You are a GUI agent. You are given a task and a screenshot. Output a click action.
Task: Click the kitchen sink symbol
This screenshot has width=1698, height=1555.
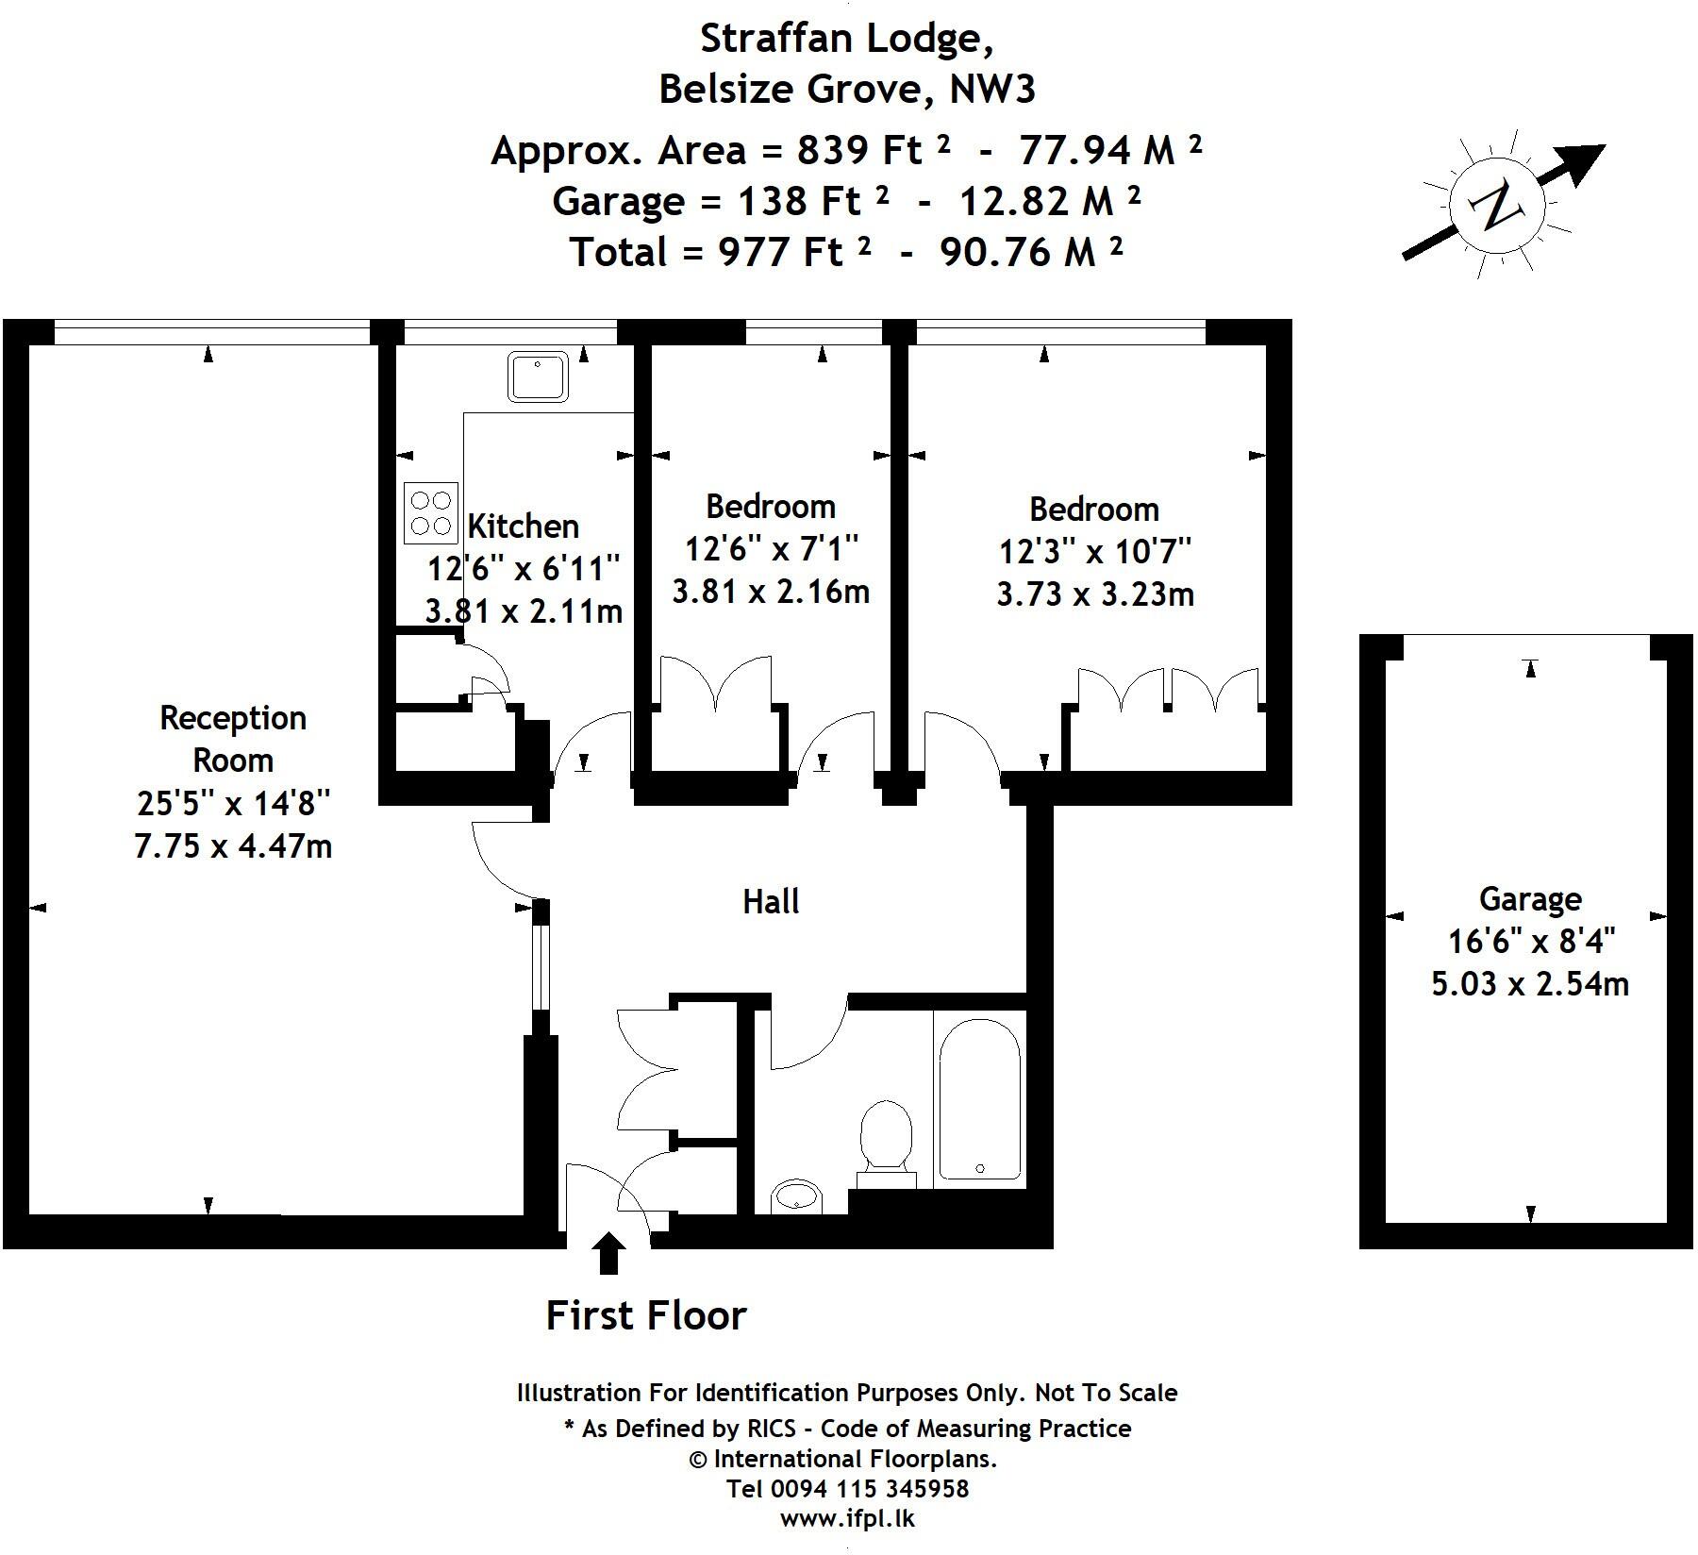pyautogui.click(x=539, y=376)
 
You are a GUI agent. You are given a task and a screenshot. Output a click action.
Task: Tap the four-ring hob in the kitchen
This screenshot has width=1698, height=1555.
pyautogui.click(x=431, y=512)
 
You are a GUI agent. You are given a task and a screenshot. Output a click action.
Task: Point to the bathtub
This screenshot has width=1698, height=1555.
pyautogui.click(x=979, y=1098)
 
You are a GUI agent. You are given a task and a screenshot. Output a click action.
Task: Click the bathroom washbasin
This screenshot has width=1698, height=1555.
pyautogui.click(x=797, y=1197)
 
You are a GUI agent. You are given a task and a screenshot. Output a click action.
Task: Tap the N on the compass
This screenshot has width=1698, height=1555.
pyautogui.click(x=1494, y=207)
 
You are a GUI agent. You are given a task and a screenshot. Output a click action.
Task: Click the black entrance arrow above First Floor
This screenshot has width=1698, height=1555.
pyautogui.click(x=610, y=1254)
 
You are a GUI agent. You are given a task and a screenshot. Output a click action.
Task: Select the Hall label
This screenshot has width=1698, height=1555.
pyautogui.click(x=771, y=902)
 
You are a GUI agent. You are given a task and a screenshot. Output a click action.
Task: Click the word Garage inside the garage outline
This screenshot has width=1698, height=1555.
pyautogui.click(x=1529, y=899)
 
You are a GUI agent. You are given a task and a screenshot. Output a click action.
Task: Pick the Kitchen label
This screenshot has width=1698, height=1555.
pyautogui.click(x=523, y=527)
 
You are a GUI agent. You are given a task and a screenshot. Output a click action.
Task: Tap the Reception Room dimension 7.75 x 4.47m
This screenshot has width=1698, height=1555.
pyautogui.click(x=233, y=846)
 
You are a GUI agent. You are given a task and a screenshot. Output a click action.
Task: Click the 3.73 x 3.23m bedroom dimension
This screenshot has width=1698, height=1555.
pyautogui.click(x=1095, y=594)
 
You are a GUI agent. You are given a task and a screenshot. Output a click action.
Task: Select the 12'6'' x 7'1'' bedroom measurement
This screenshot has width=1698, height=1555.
pyautogui.click(x=771, y=548)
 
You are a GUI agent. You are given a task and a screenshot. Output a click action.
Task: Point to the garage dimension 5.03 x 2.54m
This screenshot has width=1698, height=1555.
pyautogui.click(x=1529, y=984)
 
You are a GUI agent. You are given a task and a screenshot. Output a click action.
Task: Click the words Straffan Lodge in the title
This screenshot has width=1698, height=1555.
pyautogui.click(x=845, y=40)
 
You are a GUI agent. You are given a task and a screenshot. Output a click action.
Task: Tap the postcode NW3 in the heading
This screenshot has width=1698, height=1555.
pyautogui.click(x=992, y=90)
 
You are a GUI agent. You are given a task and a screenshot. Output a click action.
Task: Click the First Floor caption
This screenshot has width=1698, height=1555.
pyautogui.click(x=646, y=1315)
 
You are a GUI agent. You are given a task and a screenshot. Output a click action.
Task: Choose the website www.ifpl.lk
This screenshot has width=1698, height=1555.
pyautogui.click(x=846, y=1519)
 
